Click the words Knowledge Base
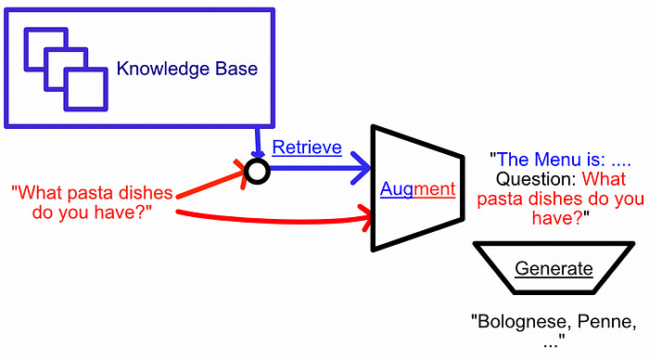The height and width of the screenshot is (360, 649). (x=186, y=69)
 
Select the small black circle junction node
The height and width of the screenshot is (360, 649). (x=257, y=171)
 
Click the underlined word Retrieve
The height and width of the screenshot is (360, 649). (x=307, y=148)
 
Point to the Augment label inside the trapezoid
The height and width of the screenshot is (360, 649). (x=417, y=189)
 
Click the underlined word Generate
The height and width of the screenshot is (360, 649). (x=554, y=269)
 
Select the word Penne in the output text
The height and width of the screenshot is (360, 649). (x=604, y=322)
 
